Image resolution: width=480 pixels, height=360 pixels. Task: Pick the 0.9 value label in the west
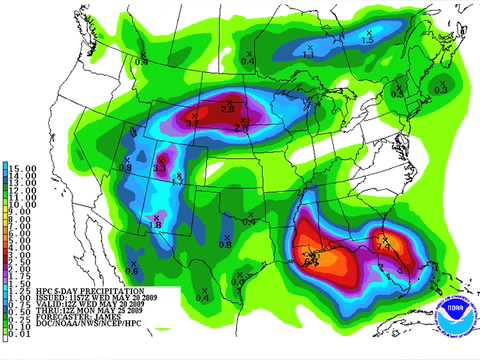pos(126,167)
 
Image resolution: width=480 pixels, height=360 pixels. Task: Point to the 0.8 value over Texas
pos(225,243)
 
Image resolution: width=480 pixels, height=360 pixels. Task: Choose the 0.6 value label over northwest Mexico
pos(133,269)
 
